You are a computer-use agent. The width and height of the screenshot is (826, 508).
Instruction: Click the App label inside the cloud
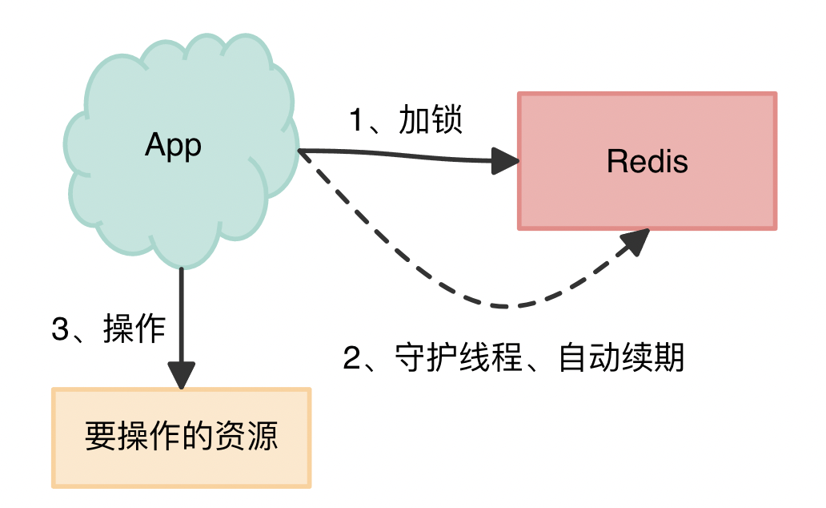[173, 146]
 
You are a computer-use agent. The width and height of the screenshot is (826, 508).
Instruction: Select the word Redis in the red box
[647, 162]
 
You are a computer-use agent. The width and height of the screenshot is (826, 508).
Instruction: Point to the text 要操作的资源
[181, 437]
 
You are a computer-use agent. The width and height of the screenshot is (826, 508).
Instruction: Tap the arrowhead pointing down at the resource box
[182, 374]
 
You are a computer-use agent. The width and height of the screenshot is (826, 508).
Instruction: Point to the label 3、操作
[108, 329]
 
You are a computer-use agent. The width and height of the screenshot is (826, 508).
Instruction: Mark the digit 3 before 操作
[61, 330]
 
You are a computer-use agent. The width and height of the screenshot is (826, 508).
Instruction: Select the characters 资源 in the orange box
[251, 437]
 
